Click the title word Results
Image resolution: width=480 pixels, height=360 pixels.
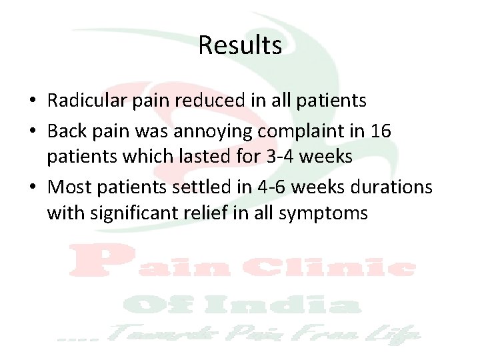click(240, 46)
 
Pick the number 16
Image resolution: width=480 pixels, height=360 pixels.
click(381, 131)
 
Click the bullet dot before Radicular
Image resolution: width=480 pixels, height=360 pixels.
click(32, 101)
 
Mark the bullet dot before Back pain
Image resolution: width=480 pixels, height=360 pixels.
click(32, 132)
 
